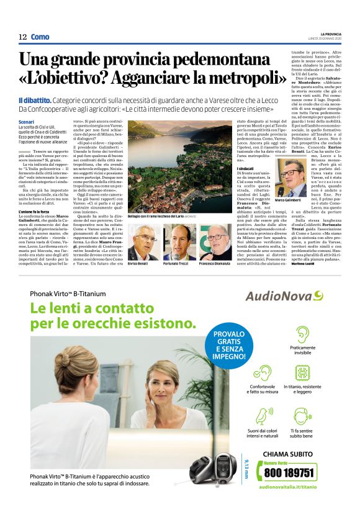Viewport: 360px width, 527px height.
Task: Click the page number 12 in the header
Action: pos(22,37)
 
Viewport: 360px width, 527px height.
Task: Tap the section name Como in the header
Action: pos(40,37)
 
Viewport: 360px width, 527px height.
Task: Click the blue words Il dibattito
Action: pos(34,100)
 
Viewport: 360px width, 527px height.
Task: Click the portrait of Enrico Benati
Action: pos(142,243)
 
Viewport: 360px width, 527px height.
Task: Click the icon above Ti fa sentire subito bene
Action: pos(302,399)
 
